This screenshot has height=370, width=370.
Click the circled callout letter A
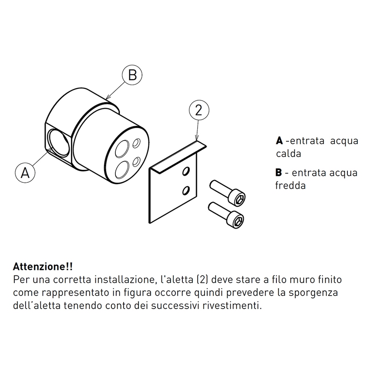click(x=25, y=172)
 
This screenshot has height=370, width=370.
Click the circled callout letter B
click(x=132, y=75)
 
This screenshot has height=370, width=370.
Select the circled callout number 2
click(x=198, y=111)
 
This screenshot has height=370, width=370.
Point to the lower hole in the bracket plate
click(x=186, y=190)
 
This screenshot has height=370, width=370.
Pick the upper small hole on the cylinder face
click(x=137, y=143)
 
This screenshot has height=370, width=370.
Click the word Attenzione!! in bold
click(x=43, y=266)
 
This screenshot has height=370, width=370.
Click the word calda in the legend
click(x=288, y=154)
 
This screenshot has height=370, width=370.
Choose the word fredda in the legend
click(x=290, y=185)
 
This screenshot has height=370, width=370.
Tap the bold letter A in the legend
click(x=279, y=141)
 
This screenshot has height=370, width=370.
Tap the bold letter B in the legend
click(x=279, y=173)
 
